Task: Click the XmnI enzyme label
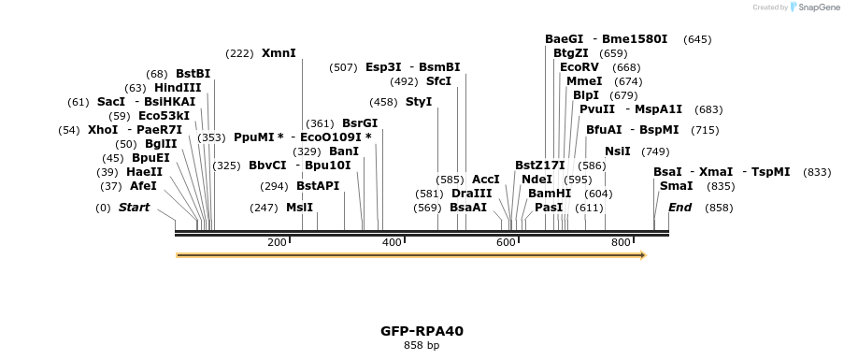point(279,53)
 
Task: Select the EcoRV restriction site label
point(579,67)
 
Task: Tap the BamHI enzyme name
point(550,194)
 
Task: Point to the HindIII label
point(178,88)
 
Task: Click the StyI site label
point(419,102)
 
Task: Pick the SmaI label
point(676,186)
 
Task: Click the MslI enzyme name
point(299,208)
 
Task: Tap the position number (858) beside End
point(720,208)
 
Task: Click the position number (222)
point(240,53)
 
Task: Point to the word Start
point(134,208)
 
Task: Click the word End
point(680,208)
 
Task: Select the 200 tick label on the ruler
point(278,243)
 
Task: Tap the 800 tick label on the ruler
point(621,243)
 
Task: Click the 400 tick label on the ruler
point(392,243)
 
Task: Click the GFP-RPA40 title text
point(422,331)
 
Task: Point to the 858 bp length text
point(422,346)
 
